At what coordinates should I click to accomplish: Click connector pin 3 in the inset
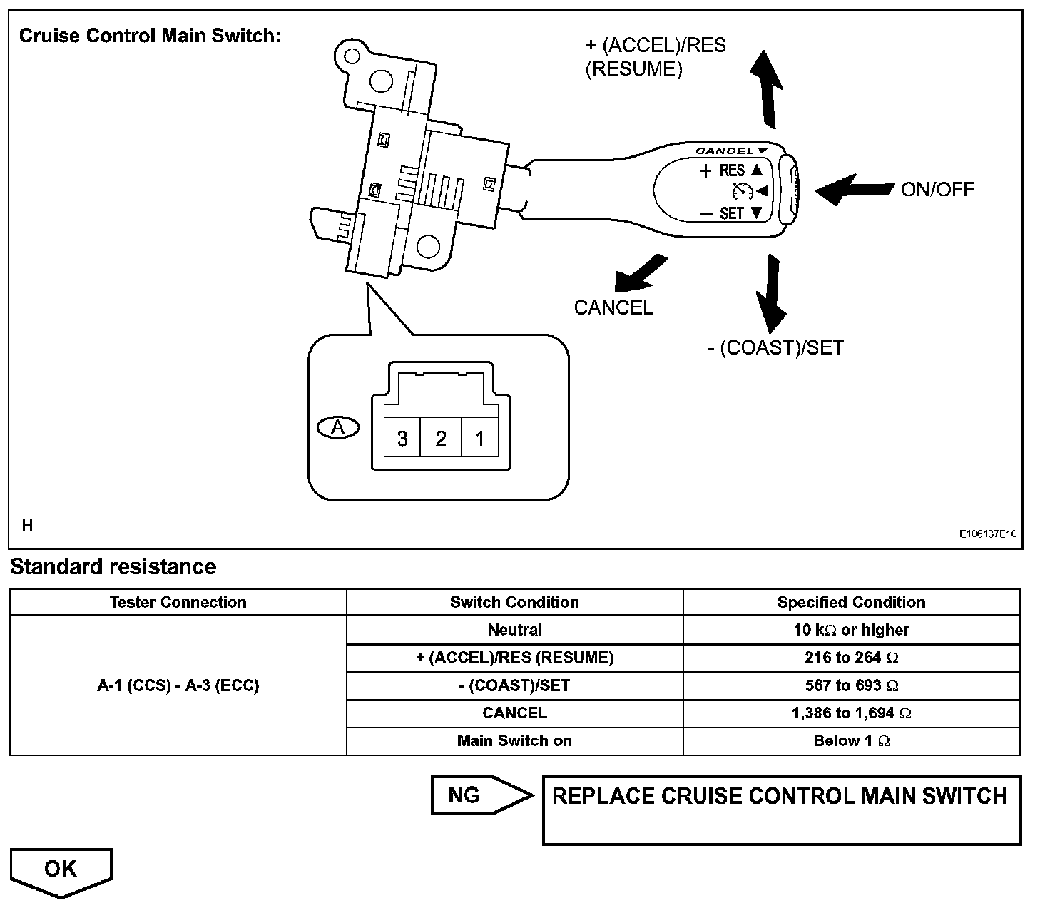pyautogui.click(x=402, y=438)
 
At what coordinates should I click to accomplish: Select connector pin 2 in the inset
pyautogui.click(x=441, y=438)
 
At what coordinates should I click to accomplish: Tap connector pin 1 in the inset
pyautogui.click(x=479, y=438)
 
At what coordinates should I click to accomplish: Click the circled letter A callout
pyautogui.click(x=338, y=427)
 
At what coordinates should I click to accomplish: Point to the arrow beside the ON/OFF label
pyautogui.click(x=853, y=189)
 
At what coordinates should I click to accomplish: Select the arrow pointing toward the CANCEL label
pyautogui.click(x=639, y=275)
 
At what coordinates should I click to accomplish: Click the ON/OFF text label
pyautogui.click(x=937, y=189)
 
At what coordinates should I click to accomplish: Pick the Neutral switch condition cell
pyautogui.click(x=514, y=630)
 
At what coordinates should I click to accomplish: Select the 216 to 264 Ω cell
pyautogui.click(x=851, y=658)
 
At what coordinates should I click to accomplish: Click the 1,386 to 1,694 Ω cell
pyautogui.click(x=851, y=713)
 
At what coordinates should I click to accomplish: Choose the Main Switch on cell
pyautogui.click(x=514, y=740)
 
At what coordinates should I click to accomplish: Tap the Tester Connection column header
pyautogui.click(x=178, y=602)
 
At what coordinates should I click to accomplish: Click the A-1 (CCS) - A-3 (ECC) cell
pyautogui.click(x=178, y=685)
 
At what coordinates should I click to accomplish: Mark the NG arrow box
pyautogui.click(x=478, y=795)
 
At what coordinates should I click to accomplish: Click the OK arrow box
pyautogui.click(x=61, y=870)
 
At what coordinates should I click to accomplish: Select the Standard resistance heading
pyautogui.click(x=113, y=566)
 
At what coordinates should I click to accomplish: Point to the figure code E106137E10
pyautogui.click(x=987, y=534)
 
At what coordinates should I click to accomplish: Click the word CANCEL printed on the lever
pyautogui.click(x=725, y=151)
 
